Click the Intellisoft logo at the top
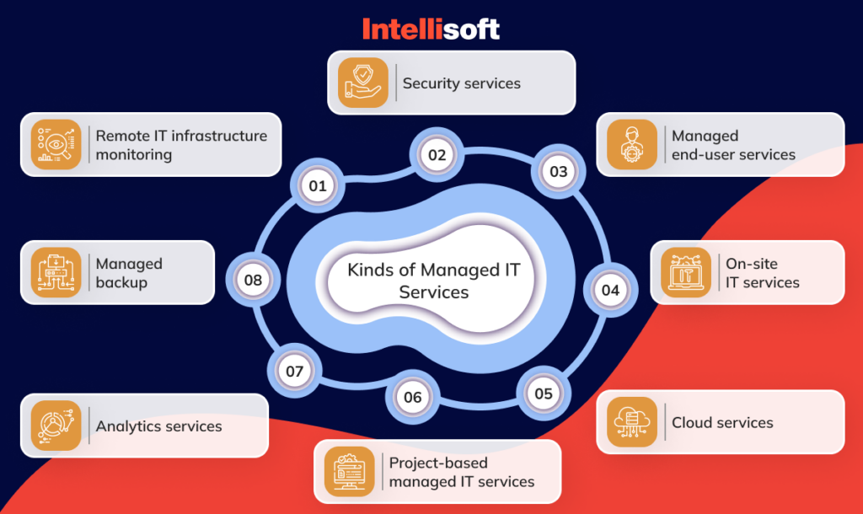point(431,29)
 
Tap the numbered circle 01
point(318,185)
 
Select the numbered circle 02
point(437,155)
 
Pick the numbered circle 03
point(559,172)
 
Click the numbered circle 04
point(610,291)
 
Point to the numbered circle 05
point(544,393)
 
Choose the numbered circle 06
point(412,397)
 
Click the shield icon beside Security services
point(363,83)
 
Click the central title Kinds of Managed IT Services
point(434,281)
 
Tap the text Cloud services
point(722,422)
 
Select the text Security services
point(461,83)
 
